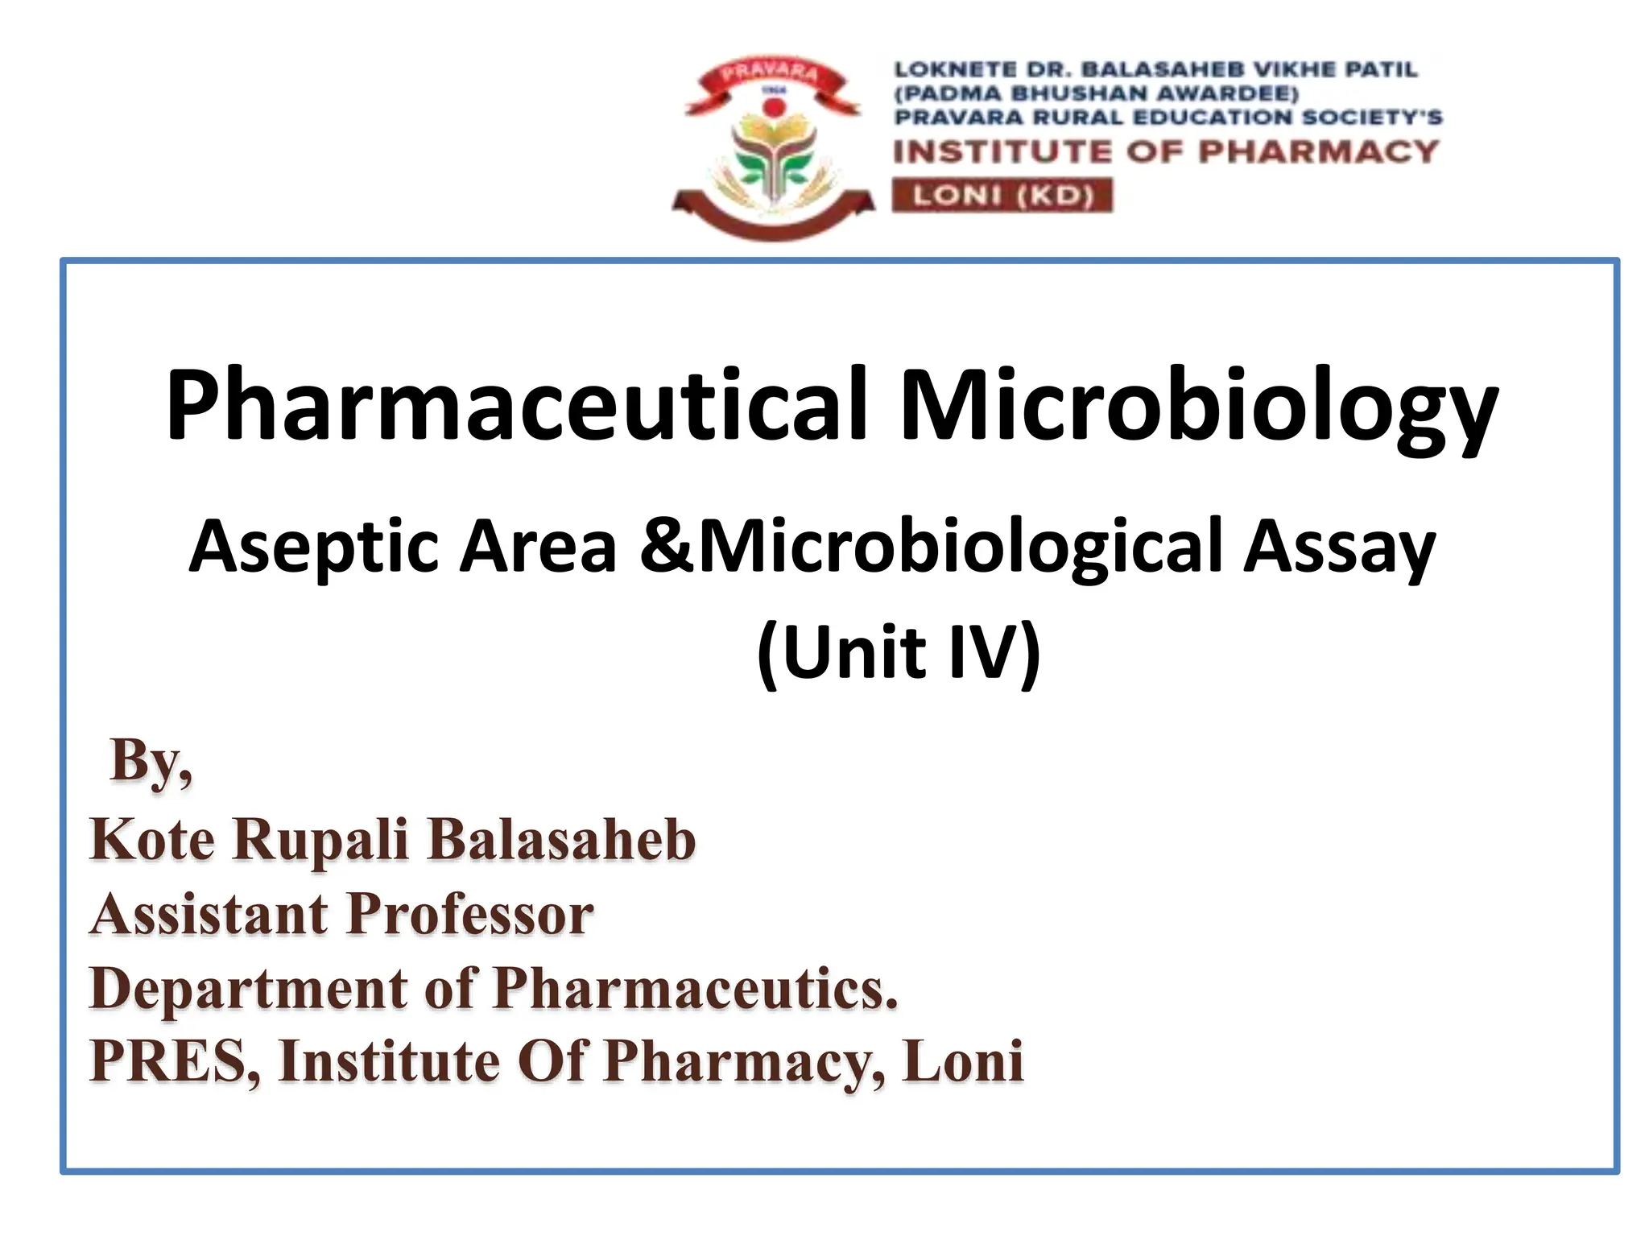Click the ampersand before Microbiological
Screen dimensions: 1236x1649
point(667,547)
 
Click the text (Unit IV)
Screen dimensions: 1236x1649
point(899,652)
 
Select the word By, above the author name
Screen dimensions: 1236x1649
point(151,761)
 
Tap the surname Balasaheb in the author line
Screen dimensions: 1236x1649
point(561,839)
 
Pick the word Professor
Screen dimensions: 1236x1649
point(470,915)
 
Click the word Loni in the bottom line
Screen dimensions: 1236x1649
point(963,1061)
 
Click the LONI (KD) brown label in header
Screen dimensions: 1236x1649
point(1002,196)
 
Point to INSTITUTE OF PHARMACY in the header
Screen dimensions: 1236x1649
point(1165,151)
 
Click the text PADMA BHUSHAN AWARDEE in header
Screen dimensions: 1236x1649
point(1097,93)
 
